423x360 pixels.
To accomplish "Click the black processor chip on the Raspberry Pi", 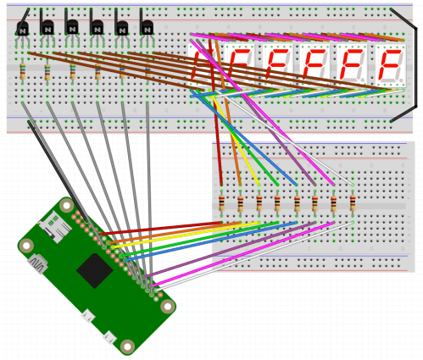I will tap(94, 271).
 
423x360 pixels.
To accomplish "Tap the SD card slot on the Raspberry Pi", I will tap(52, 227).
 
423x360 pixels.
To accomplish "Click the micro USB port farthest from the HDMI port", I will tap(109, 336).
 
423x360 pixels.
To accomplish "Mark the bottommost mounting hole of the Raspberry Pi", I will tap(127, 346).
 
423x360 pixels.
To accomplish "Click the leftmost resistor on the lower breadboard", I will tap(222, 204).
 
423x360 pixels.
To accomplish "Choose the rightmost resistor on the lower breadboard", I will tap(352, 204).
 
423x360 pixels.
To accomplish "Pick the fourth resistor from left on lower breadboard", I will tap(277, 204).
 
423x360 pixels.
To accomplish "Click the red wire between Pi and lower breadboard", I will tap(161, 227).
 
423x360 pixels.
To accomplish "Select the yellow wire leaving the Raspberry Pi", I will tap(170, 233).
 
